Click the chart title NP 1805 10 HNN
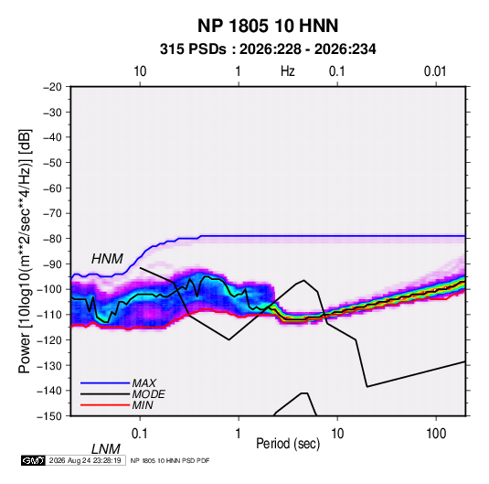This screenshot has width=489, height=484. [268, 26]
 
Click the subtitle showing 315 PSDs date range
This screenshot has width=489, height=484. [268, 49]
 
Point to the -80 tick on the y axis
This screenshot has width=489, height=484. [52, 239]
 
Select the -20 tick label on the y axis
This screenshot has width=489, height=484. [52, 87]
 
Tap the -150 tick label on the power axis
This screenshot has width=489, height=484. [50, 416]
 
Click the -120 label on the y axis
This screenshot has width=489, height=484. [50, 340]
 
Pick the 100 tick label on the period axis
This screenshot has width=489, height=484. [436, 434]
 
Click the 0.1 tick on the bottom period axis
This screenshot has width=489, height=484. [140, 434]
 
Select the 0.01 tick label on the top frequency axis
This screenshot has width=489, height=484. [435, 71]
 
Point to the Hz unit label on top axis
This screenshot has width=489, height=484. [288, 71]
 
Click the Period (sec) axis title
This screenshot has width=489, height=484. [288, 444]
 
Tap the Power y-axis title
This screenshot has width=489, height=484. [25, 252]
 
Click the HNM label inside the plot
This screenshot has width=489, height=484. [107, 259]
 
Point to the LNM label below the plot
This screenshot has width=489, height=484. [105, 449]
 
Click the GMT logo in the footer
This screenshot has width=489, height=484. [34, 460]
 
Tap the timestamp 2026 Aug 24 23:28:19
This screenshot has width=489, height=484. [85, 460]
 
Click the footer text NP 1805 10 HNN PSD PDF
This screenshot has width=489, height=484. [170, 460]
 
